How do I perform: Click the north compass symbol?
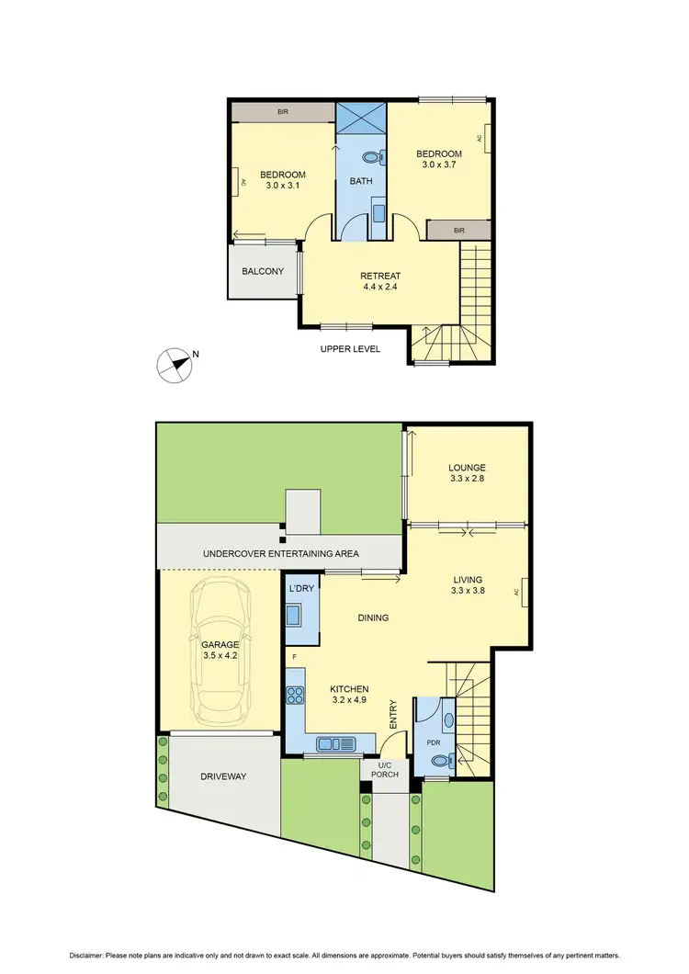173,364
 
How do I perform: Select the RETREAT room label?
380,276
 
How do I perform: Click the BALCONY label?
263,271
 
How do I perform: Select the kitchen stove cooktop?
296,696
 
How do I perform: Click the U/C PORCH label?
385,769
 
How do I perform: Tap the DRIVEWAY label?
224,776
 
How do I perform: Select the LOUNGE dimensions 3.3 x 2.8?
468,480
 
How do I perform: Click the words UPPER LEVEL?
350,349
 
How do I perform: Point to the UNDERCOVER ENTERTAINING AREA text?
280,554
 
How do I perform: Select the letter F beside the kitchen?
294,657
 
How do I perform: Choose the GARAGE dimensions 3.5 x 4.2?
220,656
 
